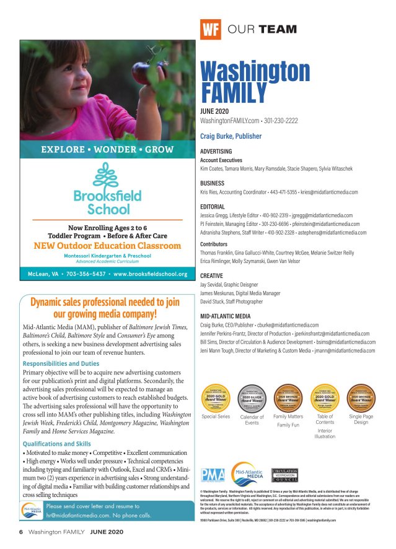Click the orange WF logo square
pyautogui.click(x=211, y=29)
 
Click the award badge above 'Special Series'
pyautogui.click(x=216, y=399)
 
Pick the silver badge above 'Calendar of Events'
pyautogui.click(x=252, y=399)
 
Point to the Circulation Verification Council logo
pyautogui.click(x=285, y=476)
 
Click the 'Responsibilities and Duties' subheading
pyautogui.click(x=61, y=364)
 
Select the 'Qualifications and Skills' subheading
pyautogui.click(x=57, y=444)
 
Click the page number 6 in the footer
pyautogui.click(x=20, y=532)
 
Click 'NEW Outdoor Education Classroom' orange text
pyautogui.click(x=107, y=246)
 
